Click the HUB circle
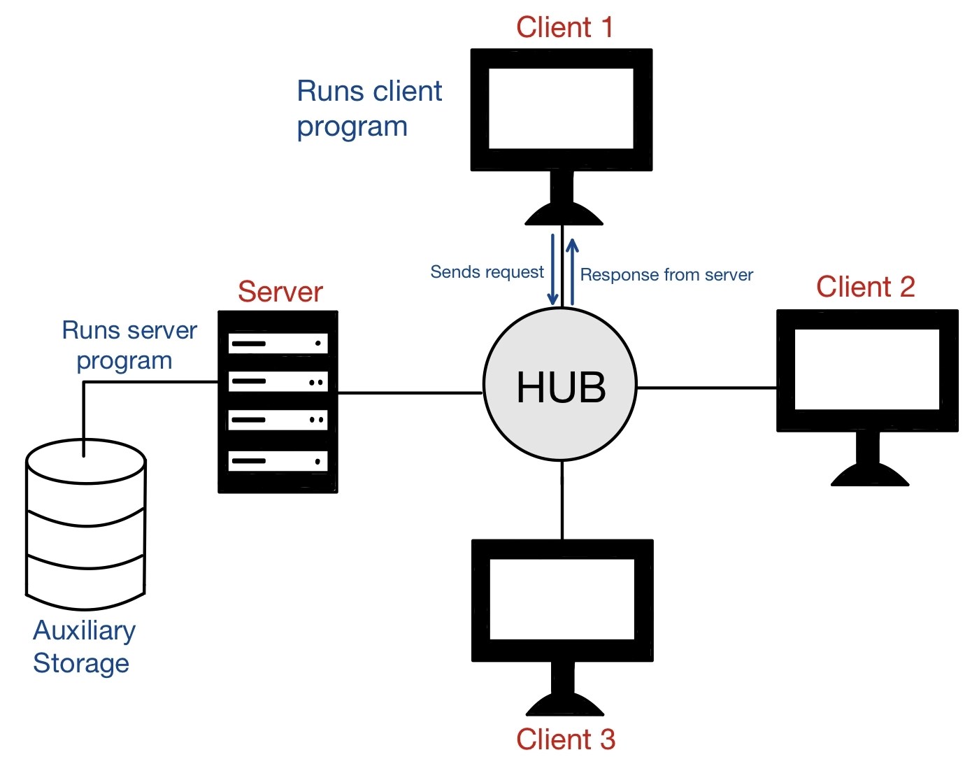tap(560, 384)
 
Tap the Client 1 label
tap(564, 27)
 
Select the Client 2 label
tap(865, 287)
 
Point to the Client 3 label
tap(565, 739)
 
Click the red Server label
tap(280, 292)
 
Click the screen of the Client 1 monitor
tap(561, 108)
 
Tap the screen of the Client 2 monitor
tap(866, 369)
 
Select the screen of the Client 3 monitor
tap(562, 599)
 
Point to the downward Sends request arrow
tap(552, 269)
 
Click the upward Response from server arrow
tap(572, 271)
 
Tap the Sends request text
tap(487, 272)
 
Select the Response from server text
tap(666, 275)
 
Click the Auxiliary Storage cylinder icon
tap(85, 525)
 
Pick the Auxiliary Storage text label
tap(83, 646)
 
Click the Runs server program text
tap(129, 345)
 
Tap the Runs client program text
tap(369, 108)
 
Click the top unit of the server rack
tap(278, 344)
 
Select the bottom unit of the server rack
tap(278, 461)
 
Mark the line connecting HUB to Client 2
tap(706, 388)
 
